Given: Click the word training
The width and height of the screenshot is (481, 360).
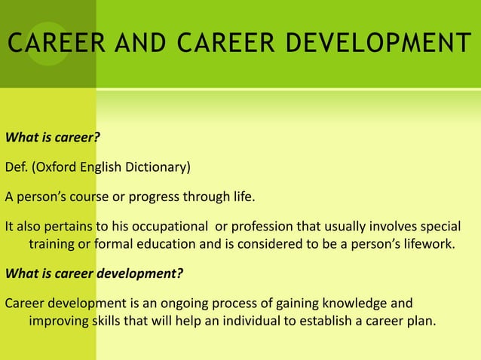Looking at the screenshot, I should [x=52, y=245].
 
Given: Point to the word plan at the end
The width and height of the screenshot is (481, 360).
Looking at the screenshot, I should [x=421, y=321].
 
